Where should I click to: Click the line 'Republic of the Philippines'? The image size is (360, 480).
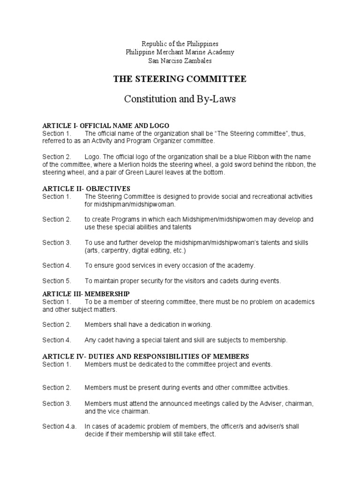[180, 44]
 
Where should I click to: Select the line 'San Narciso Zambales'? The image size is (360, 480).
[180, 61]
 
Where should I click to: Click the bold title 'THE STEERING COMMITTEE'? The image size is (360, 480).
[180, 79]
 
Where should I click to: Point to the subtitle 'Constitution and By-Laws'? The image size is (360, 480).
[180, 99]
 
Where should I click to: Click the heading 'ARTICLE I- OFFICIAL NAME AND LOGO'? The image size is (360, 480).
[105, 126]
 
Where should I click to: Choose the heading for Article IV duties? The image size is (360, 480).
[145, 356]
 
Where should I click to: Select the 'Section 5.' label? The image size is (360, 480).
[57, 281]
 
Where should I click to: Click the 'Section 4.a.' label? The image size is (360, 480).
[60, 427]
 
